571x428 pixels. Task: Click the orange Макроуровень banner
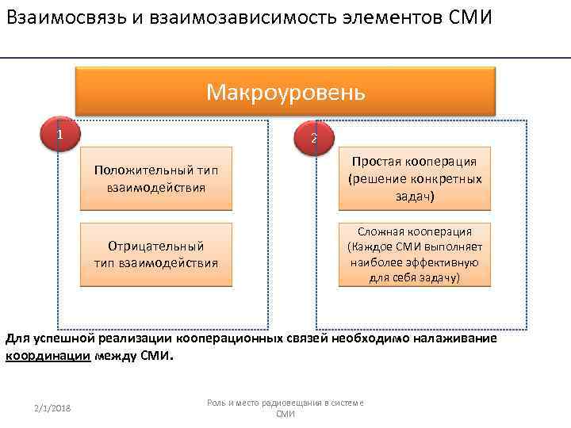coord(285,92)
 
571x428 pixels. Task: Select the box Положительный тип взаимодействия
coord(156,178)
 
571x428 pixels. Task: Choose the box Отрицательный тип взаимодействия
coord(156,254)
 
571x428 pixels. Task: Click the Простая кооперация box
coord(415,178)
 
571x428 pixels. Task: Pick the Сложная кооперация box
coord(415,254)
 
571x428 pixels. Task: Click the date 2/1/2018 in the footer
coord(52,407)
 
